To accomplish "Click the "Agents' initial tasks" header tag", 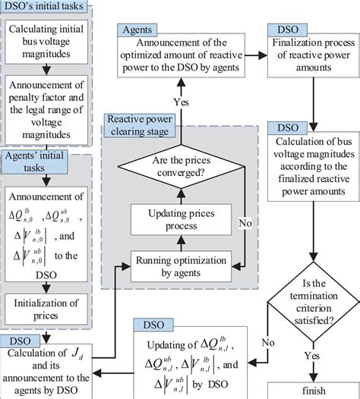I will tap(36, 162).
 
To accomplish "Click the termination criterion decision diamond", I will tap(311, 307).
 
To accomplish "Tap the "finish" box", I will tap(311, 391).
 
